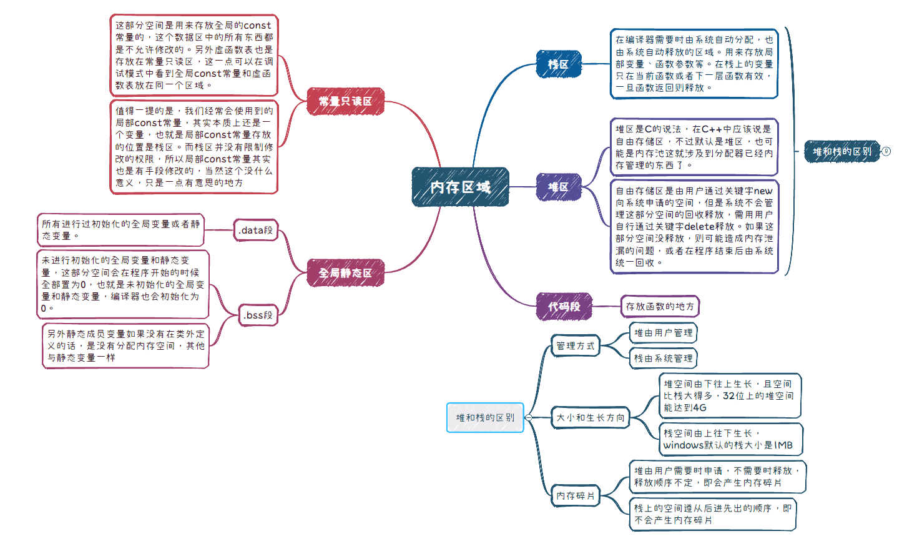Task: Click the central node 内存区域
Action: (460, 187)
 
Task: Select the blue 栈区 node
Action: (559, 64)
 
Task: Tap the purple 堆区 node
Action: (559, 187)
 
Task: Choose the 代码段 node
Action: (564, 307)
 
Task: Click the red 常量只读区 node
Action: (345, 101)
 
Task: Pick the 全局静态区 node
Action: (345, 273)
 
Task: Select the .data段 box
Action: (255, 231)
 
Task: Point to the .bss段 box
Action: (258, 315)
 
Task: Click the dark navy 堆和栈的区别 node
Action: (841, 151)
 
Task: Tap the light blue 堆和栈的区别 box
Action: (485, 417)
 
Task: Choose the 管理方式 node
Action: (576, 345)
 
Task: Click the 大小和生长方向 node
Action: (590, 417)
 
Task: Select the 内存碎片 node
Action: (576, 495)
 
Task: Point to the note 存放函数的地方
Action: (660, 307)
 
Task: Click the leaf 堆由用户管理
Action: (663, 333)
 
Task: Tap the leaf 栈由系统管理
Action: (663, 359)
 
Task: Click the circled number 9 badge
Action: (886, 151)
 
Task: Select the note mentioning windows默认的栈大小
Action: (728, 439)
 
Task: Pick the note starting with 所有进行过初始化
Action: (120, 229)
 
